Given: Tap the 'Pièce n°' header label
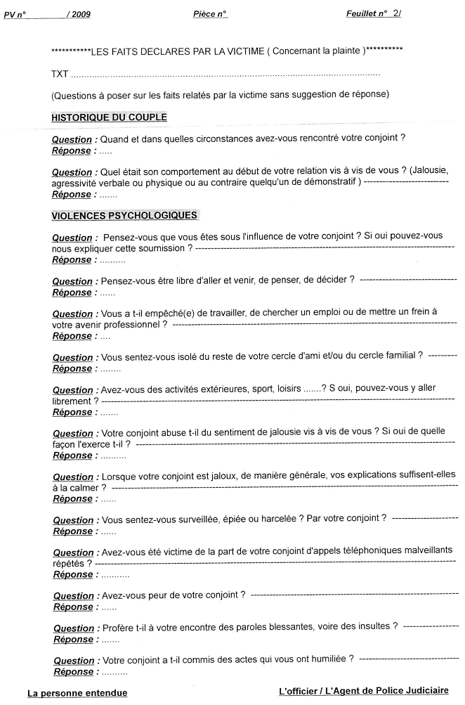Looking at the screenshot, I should (x=209, y=14).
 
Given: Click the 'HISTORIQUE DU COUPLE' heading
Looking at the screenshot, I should (x=109, y=117).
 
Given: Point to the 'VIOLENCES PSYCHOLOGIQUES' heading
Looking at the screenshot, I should (x=124, y=215).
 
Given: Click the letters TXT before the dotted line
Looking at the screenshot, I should (x=60, y=74).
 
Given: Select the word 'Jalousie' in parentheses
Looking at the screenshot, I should (x=431, y=172).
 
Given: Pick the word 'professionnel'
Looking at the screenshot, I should (x=133, y=325).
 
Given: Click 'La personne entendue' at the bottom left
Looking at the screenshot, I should (x=77, y=693).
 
